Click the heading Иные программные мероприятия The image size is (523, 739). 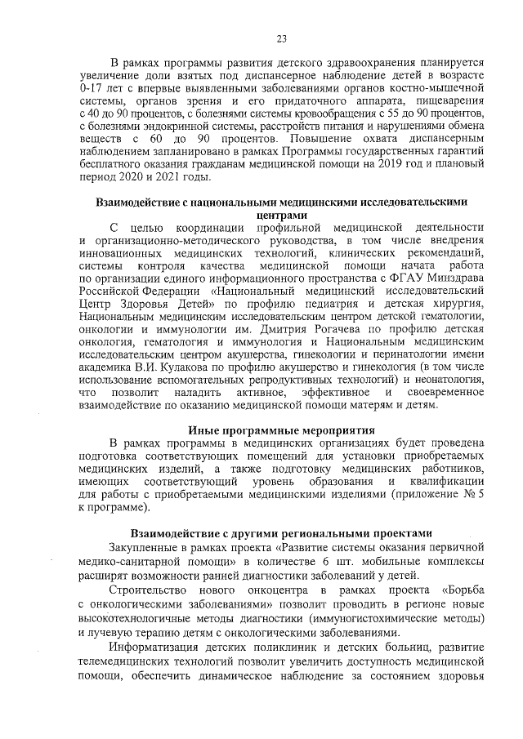pyautogui.click(x=281, y=430)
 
